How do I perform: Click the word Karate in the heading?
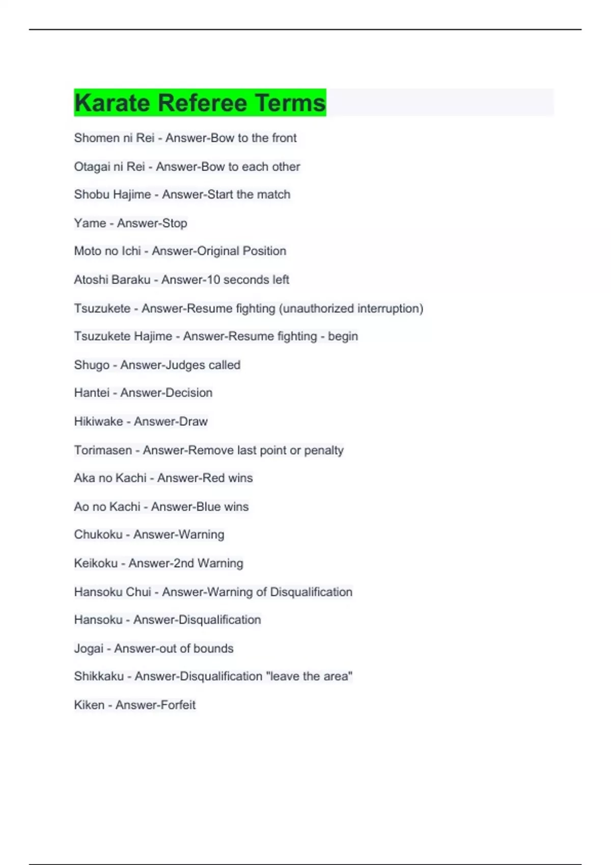click(x=113, y=103)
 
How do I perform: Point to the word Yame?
click(x=90, y=223)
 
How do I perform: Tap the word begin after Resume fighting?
click(x=343, y=336)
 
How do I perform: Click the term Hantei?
click(x=92, y=393)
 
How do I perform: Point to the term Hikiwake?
click(x=98, y=421)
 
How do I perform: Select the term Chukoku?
click(x=98, y=534)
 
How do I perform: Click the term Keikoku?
click(x=96, y=563)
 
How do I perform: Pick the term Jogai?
click(x=89, y=648)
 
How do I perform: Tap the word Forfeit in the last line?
click(x=176, y=705)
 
